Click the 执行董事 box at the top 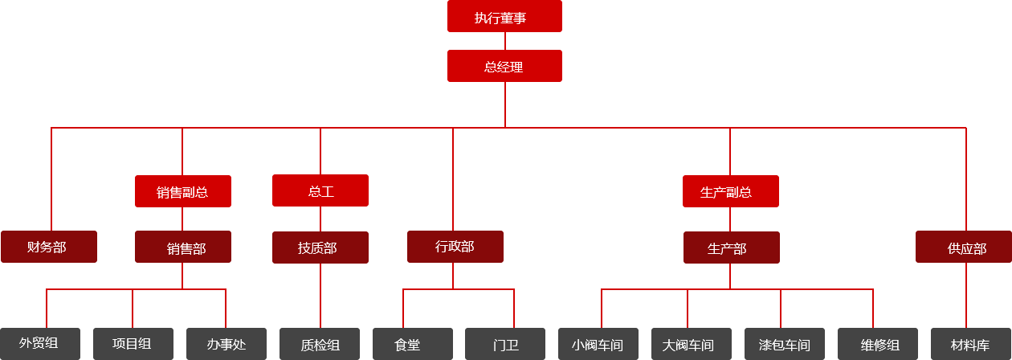point(504,16)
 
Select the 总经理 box point(504,66)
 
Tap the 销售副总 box point(182,191)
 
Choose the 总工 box point(320,190)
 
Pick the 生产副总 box point(730,191)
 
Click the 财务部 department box point(49,247)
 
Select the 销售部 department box point(182,247)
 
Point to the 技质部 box point(320,247)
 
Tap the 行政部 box point(455,247)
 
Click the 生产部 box point(731,247)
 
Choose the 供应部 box point(963,247)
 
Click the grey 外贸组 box point(40,343)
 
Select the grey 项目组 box point(133,343)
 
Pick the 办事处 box point(226,344)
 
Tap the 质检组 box point(320,344)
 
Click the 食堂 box point(412,344)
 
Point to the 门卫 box point(505,344)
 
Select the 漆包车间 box point(784,344)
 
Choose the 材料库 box point(970,344)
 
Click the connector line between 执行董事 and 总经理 point(504,41)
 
